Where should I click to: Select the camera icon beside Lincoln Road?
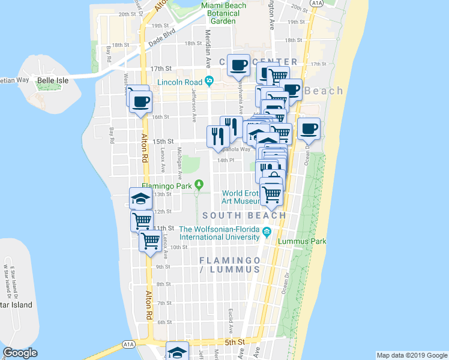[209, 81]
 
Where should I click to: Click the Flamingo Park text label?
[166, 185]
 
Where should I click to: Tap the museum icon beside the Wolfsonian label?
[267, 231]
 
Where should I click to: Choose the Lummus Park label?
[303, 241]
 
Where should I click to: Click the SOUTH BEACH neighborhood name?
[244, 215]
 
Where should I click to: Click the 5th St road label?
[236, 342]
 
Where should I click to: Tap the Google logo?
[20, 353]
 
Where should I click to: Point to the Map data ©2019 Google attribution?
[412, 355]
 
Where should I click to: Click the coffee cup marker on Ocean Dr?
[309, 129]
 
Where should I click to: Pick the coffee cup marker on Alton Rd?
[140, 101]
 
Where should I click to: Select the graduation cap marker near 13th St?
[141, 199]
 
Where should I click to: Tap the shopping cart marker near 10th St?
[151, 242]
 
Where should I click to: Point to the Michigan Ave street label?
[179, 159]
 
